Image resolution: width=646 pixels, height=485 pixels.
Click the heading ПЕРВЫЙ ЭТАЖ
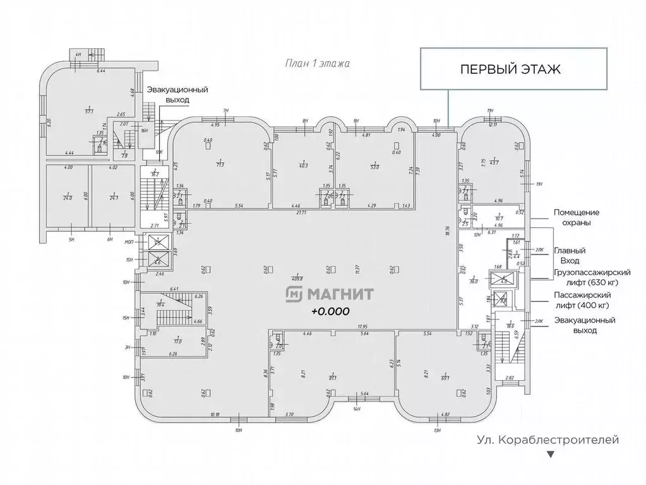[510, 69]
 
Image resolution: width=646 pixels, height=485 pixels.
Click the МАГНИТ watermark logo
[330, 294]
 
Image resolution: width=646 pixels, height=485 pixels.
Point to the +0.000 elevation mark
[330, 311]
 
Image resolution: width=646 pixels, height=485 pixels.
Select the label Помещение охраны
[576, 218]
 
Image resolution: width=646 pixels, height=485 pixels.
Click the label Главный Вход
[566, 255]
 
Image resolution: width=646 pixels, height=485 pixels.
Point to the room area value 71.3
[220, 164]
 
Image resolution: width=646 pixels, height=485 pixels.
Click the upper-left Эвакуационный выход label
[169, 95]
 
